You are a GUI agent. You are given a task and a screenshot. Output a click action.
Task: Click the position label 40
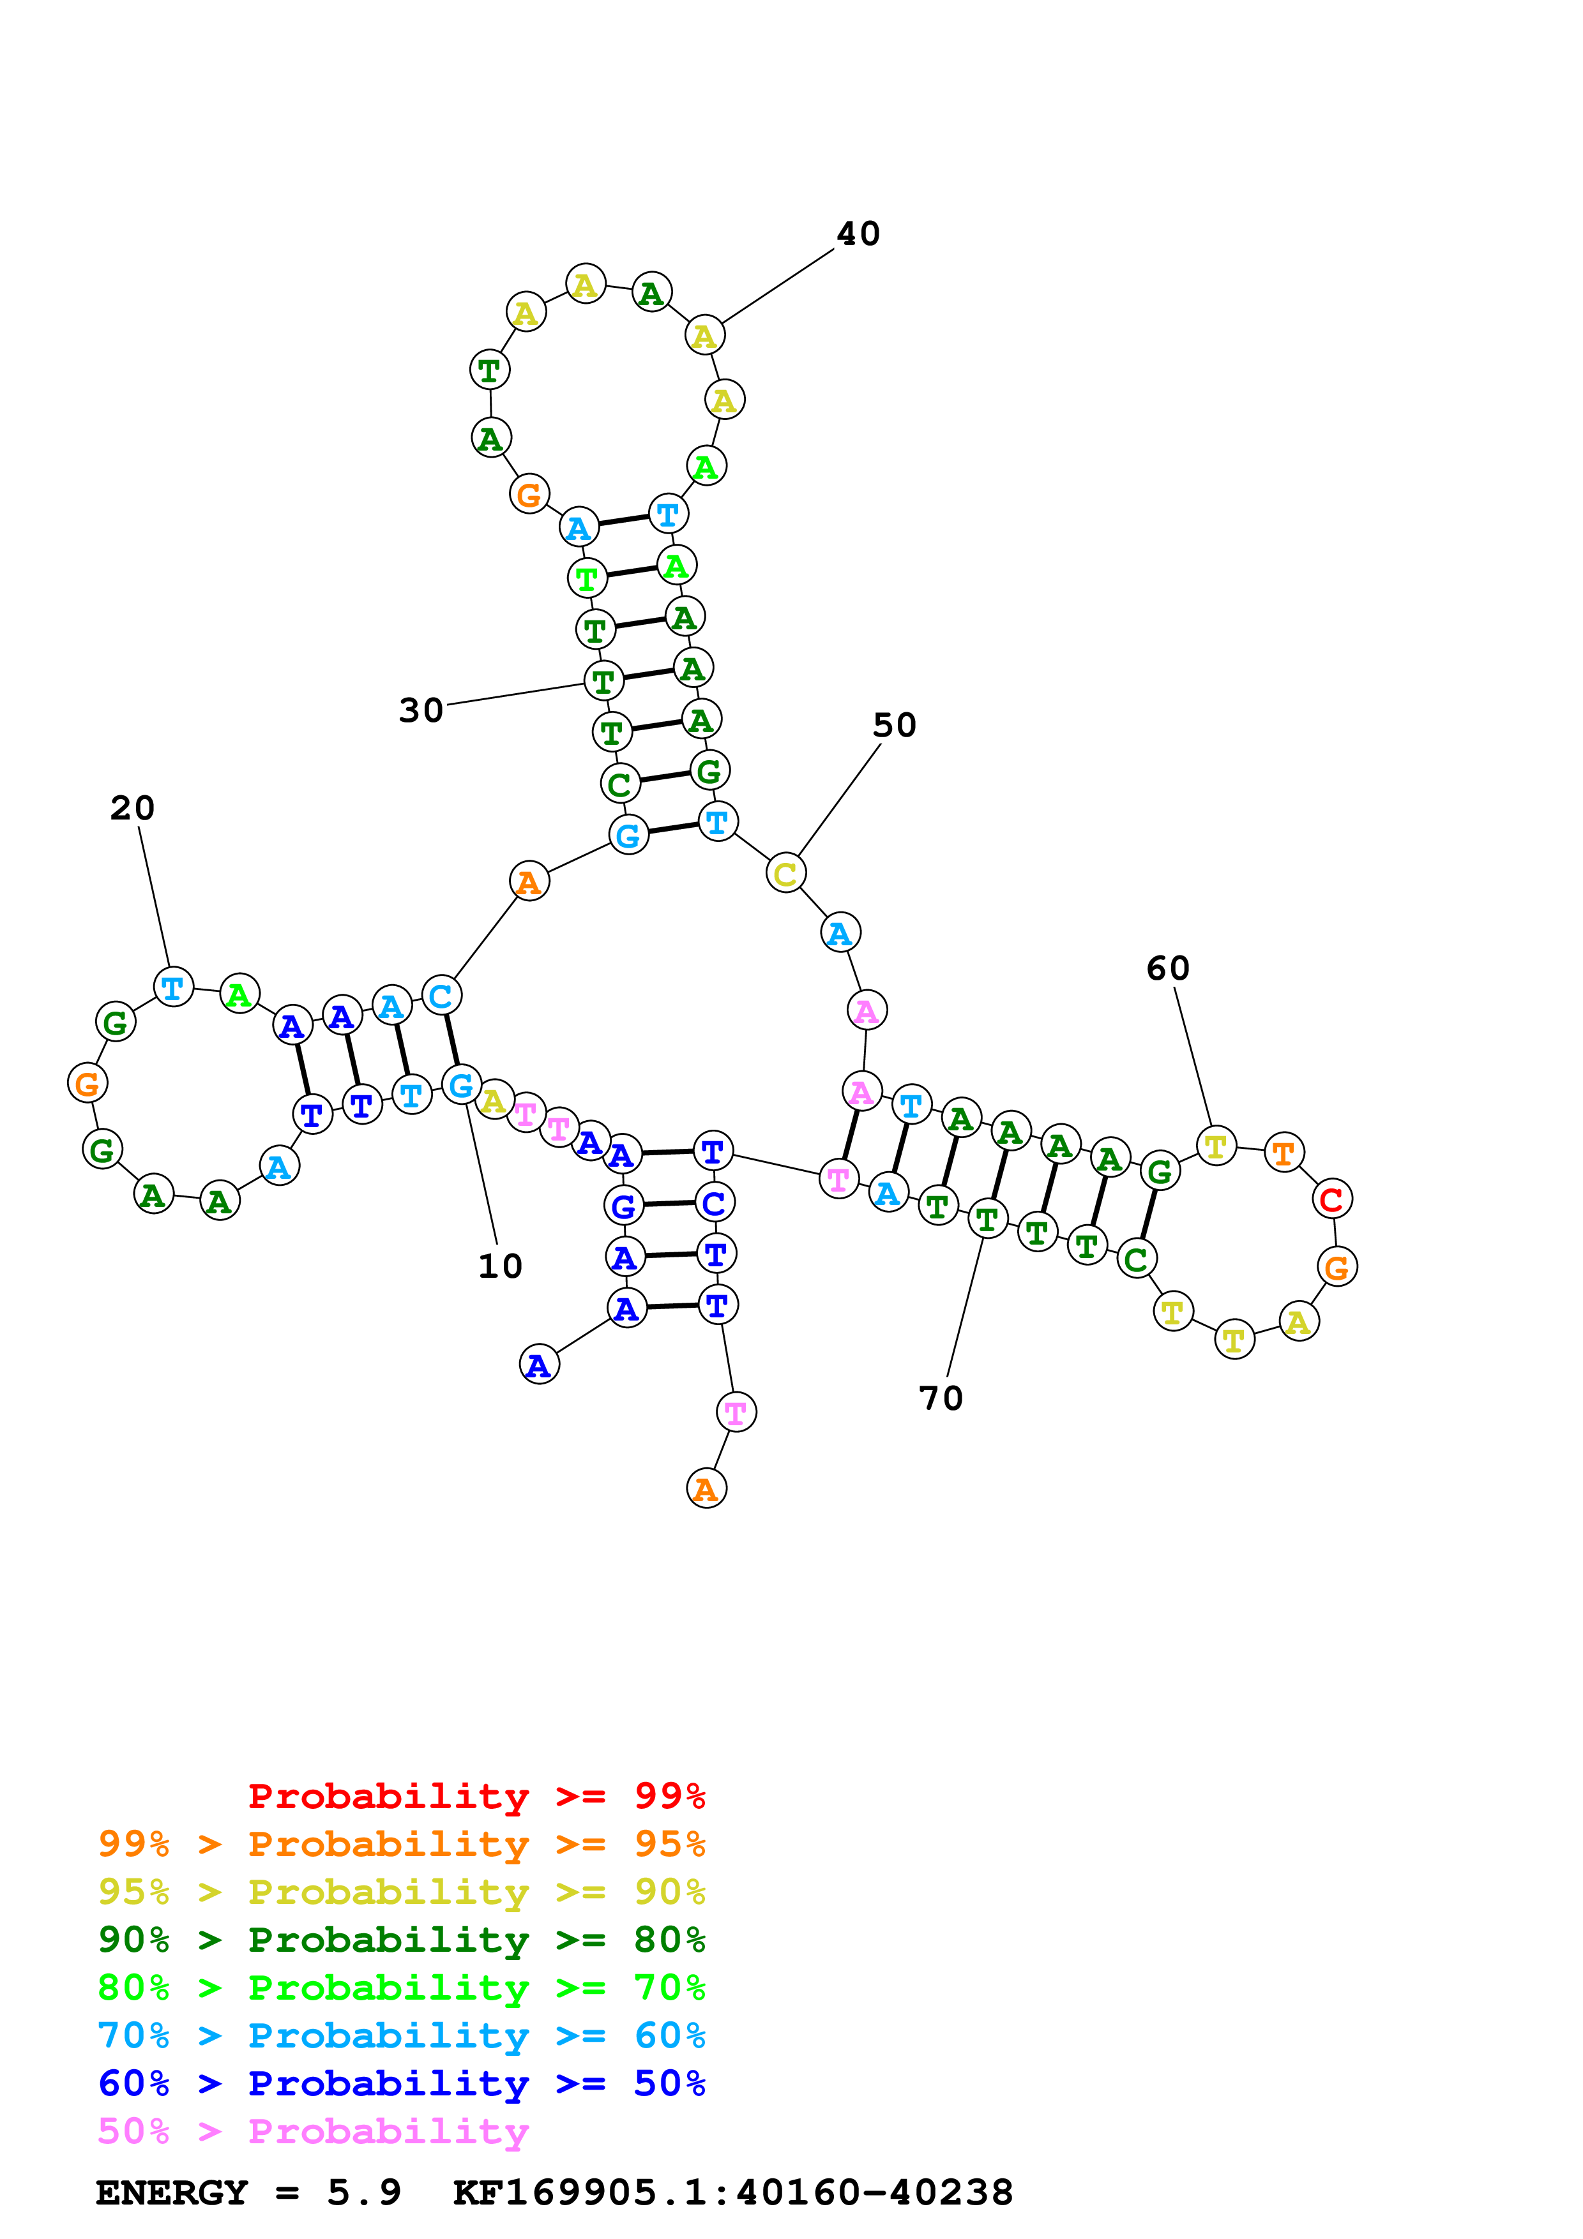tap(858, 234)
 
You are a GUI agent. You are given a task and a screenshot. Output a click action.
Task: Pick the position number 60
tap(1167, 968)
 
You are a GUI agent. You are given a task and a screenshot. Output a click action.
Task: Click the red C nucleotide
tap(1331, 1199)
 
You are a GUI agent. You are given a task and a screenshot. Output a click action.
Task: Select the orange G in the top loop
tap(529, 495)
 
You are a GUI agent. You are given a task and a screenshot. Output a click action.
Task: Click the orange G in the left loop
tap(87, 1082)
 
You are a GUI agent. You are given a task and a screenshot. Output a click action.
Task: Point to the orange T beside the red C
tap(1284, 1153)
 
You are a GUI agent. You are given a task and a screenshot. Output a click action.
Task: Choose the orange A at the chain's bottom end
tap(706, 1488)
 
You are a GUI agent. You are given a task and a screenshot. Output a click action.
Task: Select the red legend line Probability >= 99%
tap(476, 1796)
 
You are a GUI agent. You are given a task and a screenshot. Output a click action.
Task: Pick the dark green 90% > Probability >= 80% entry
tap(401, 1940)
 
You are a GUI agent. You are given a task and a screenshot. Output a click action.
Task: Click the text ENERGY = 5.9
tap(248, 2192)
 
